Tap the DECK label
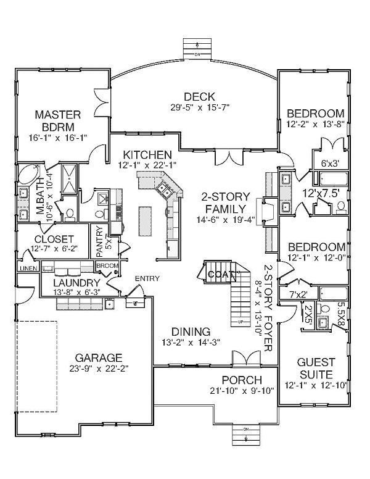pos(199,96)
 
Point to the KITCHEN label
pos(146,154)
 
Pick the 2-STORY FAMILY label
pos(224,203)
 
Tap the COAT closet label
pos(220,274)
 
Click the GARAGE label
pos(98,357)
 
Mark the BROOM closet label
pos(107,265)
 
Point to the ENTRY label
pos(147,278)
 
